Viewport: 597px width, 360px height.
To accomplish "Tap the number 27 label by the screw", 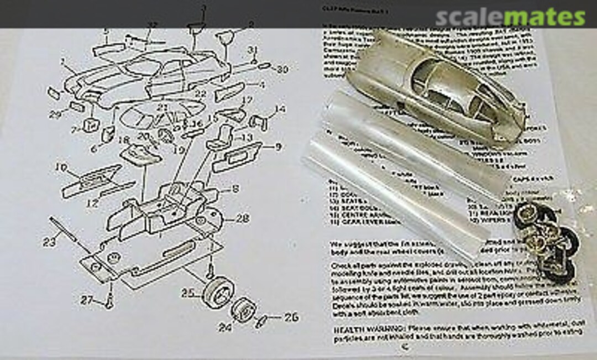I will (x=87, y=301).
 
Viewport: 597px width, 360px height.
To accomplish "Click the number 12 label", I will (x=93, y=203).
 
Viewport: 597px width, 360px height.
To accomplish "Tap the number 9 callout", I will (x=276, y=147).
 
